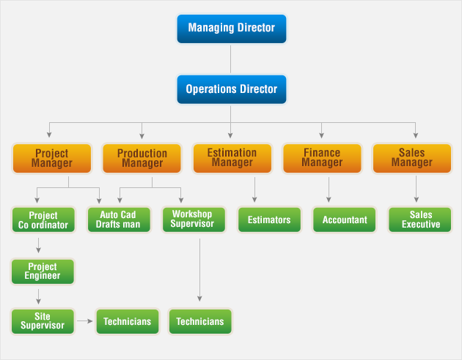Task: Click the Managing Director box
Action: tap(231, 29)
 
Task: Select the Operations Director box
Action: tap(231, 89)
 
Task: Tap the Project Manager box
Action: tap(52, 158)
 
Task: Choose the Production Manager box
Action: tap(142, 158)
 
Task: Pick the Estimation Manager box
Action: tap(232, 158)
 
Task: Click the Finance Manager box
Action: tap(322, 158)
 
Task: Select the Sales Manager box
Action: tap(412, 158)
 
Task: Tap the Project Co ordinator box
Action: tap(43, 220)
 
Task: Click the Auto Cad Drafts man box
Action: tap(119, 220)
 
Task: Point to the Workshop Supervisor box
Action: tap(194, 220)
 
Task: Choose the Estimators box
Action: tap(269, 220)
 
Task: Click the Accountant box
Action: tap(345, 220)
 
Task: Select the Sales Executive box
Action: tap(420, 220)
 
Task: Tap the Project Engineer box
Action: tap(43, 271)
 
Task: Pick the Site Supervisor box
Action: tap(43, 321)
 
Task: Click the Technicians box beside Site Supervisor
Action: tap(128, 321)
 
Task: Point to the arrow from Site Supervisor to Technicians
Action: tap(85, 321)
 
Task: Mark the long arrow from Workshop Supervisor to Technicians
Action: tap(199, 270)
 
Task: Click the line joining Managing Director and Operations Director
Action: tap(230, 59)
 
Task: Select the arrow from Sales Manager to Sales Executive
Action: tap(416, 189)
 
